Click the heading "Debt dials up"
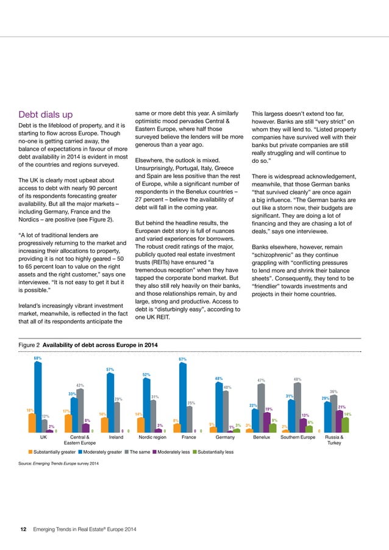[x=46, y=115]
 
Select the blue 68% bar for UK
[x=38, y=396]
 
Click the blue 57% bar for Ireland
[x=110, y=403]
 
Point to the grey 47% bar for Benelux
[x=261, y=408]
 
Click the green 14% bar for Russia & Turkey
[x=346, y=424]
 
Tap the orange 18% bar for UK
[x=30, y=423]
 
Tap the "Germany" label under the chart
[x=226, y=438]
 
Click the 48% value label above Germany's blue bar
[x=218, y=379]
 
